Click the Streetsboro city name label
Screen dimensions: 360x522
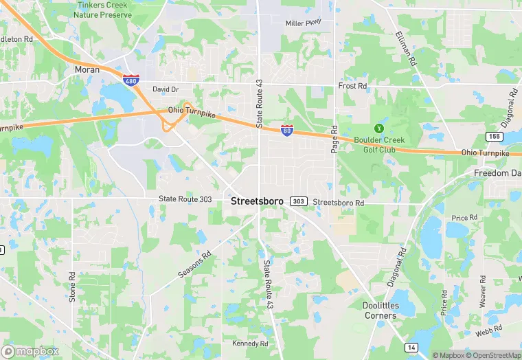pyautogui.click(x=257, y=201)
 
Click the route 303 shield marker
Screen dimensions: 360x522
pyautogui.click(x=298, y=201)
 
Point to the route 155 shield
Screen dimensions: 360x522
pyautogui.click(x=493, y=136)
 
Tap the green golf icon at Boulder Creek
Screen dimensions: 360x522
pyautogui.click(x=377, y=128)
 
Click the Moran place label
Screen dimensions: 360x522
pyautogui.click(x=87, y=69)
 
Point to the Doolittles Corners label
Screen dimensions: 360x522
pyautogui.click(x=380, y=311)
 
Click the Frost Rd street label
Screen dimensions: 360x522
pyautogui.click(x=353, y=86)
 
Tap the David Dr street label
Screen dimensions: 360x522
pyautogui.click(x=166, y=89)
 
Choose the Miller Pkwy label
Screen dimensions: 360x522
pyautogui.click(x=303, y=23)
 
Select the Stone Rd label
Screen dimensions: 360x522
pyautogui.click(x=72, y=284)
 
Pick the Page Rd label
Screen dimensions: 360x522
pyautogui.click(x=334, y=139)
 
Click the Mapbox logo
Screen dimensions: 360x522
pyautogui.click(x=30, y=351)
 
